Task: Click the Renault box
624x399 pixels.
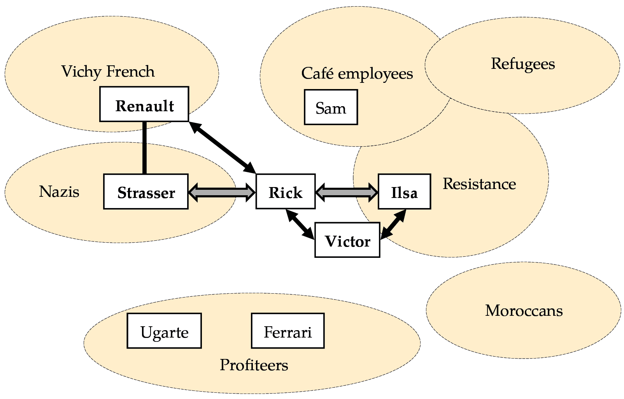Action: (x=144, y=104)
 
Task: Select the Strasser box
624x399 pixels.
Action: (x=146, y=192)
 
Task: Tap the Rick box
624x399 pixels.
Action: (x=285, y=192)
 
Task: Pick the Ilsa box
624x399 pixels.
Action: (x=404, y=192)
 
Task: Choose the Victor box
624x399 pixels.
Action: (x=347, y=240)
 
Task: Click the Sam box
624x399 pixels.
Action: (x=331, y=107)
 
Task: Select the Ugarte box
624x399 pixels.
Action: (x=164, y=331)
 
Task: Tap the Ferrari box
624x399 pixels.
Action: (x=287, y=331)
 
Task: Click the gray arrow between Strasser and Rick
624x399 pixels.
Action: (x=222, y=192)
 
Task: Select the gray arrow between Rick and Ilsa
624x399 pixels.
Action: (x=347, y=192)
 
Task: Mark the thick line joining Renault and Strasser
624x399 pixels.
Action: (x=144, y=148)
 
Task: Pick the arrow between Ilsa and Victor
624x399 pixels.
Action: (x=393, y=224)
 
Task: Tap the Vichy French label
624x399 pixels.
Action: (x=108, y=72)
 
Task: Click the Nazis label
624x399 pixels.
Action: (x=59, y=192)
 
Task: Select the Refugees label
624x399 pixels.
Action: (x=522, y=64)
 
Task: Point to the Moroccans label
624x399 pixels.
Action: (x=524, y=311)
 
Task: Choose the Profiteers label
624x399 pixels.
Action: (x=254, y=365)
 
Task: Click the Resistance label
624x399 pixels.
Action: (x=479, y=184)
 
